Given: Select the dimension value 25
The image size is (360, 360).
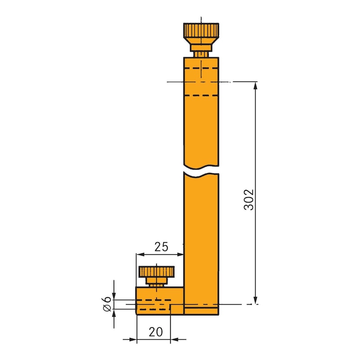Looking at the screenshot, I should coord(161,247).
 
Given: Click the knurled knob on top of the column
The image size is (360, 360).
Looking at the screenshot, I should coord(201,31).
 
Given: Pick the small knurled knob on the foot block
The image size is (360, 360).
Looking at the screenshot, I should coord(156,272).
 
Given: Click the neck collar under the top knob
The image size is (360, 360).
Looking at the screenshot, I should coord(201,47).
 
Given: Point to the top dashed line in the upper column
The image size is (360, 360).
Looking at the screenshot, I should coord(201,68).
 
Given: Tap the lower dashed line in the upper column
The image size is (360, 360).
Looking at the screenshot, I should coord(201,96).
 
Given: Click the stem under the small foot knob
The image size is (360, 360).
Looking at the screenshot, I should coord(156,283).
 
